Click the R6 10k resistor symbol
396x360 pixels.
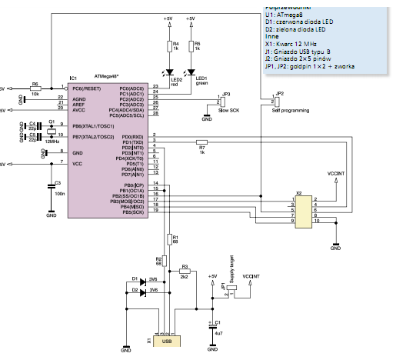[35, 88]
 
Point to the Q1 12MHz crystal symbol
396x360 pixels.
[52, 132]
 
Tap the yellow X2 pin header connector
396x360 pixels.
[304, 209]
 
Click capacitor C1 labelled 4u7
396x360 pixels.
[213, 327]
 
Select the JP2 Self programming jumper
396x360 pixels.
[273, 100]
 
